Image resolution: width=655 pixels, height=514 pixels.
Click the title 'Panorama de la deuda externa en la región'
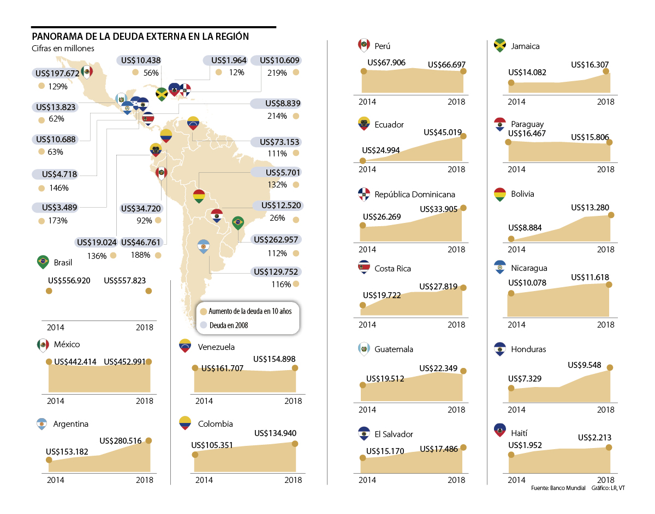point(140,37)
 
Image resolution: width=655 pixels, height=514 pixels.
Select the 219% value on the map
point(277,72)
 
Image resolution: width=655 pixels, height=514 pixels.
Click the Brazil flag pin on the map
point(237,222)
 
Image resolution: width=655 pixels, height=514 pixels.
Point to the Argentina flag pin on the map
point(204,246)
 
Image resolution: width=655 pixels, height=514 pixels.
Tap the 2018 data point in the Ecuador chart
point(463,136)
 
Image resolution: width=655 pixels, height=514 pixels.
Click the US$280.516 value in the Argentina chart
point(125,440)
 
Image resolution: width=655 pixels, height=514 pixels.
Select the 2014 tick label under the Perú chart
point(367,101)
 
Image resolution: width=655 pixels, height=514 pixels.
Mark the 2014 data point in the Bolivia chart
point(511,239)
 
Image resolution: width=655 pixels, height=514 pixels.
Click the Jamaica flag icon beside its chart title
point(499,45)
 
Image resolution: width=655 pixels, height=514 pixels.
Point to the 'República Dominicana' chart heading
point(414,195)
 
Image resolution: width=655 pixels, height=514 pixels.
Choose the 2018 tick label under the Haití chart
point(605,480)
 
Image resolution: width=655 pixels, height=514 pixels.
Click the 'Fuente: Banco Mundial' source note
point(557,488)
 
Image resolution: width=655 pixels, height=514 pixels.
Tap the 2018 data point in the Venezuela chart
point(295,368)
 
